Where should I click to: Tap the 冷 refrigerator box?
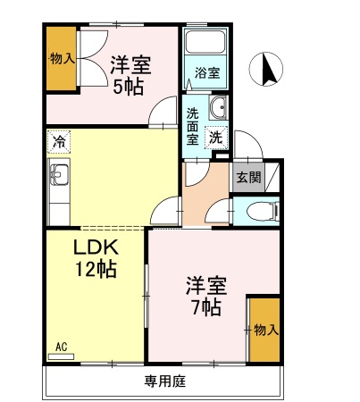click(59, 141)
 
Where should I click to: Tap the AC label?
click(62, 346)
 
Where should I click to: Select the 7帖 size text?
click(205, 309)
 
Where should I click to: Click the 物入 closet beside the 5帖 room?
click(62, 59)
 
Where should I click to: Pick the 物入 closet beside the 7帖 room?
click(265, 330)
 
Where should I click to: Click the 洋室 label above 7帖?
click(205, 287)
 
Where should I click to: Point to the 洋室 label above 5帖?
click(130, 64)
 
